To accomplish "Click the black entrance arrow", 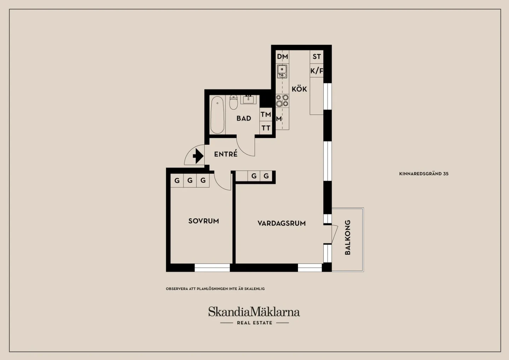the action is point(198,156).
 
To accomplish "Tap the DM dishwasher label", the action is point(282,57).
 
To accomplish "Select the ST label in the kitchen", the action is point(317,57).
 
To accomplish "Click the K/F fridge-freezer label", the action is point(317,71).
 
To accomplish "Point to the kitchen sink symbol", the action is point(282,71).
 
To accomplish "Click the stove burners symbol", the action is point(282,101).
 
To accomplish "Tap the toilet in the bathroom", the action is point(233,103).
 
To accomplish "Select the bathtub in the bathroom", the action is point(217,115).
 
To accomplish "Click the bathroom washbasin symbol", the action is point(248,99).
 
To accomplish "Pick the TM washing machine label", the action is point(266,114).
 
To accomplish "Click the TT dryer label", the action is point(266,128).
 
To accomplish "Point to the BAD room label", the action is point(244,118).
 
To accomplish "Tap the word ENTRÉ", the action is point(226,154).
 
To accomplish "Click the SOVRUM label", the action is point(204,221).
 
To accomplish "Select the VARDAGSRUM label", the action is point(281,223).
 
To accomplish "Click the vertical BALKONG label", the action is point(348,237).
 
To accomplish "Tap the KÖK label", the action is point(299,89).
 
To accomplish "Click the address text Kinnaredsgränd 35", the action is point(424,174).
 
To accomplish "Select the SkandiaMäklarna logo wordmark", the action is point(254,312).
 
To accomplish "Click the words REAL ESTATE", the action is point(255,323).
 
